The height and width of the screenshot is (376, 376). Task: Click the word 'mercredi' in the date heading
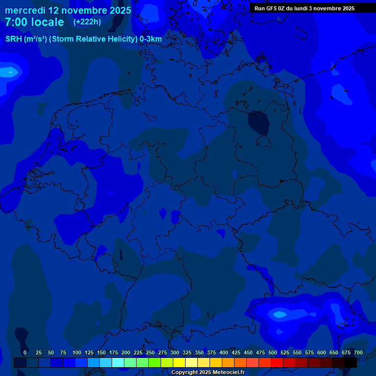pyautogui.click(x=25, y=10)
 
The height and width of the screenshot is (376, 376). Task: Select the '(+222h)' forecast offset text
pyautogui.click(x=87, y=22)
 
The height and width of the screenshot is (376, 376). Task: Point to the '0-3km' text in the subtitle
pyautogui.click(x=151, y=39)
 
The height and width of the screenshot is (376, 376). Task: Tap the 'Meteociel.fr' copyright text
pyautogui.click(x=225, y=373)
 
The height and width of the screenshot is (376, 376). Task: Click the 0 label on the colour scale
pyautogui.click(x=25, y=352)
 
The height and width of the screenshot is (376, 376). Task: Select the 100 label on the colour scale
pyautogui.click(x=77, y=352)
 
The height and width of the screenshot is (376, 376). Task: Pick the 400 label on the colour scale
pyautogui.click(x=224, y=352)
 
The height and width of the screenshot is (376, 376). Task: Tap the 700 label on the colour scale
pyautogui.click(x=358, y=352)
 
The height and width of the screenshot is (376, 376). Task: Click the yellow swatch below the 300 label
pyautogui.click(x=179, y=362)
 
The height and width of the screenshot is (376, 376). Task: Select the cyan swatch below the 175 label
pyautogui.click(x=118, y=362)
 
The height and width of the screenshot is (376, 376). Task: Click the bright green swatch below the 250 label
pyautogui.click(x=155, y=362)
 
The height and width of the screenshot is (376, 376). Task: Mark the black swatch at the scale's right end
pyautogui.click(x=351, y=362)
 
